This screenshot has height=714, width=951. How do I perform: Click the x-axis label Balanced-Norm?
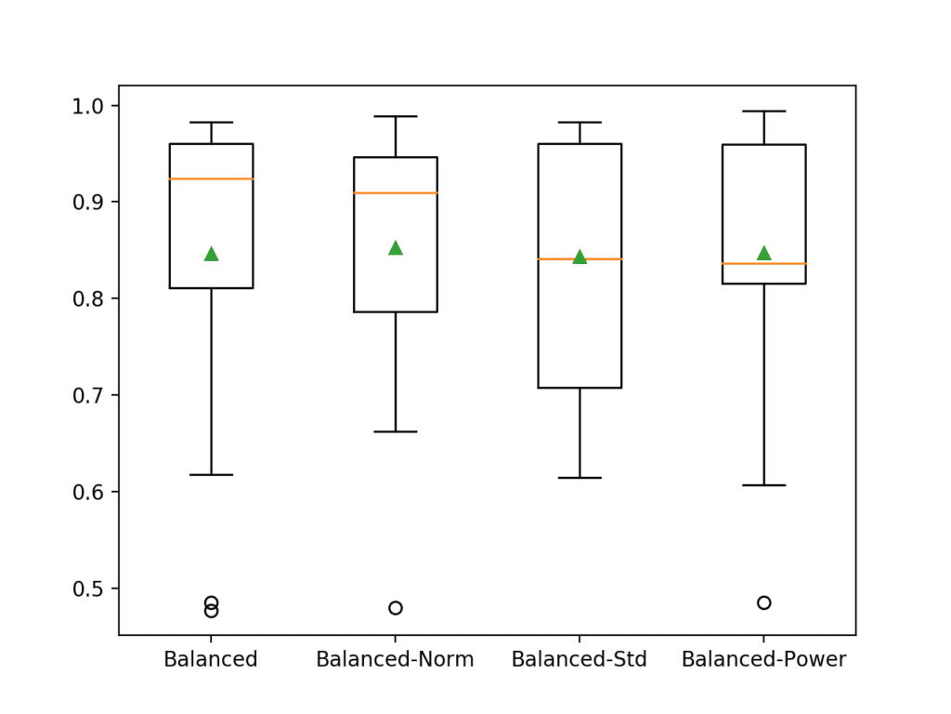click(395, 660)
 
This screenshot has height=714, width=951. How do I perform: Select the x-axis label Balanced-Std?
click(580, 660)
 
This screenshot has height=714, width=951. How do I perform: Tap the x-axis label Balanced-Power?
click(763, 660)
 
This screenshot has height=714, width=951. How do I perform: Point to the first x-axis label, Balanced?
click(211, 660)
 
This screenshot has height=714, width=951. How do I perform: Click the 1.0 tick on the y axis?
click(92, 105)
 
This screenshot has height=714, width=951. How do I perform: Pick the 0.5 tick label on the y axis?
click(92, 588)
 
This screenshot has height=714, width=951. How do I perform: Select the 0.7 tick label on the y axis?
click(92, 395)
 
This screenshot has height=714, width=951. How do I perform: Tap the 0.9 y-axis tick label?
click(92, 202)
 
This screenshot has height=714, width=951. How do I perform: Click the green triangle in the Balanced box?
click(211, 254)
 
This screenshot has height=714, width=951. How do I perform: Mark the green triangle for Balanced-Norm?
click(395, 247)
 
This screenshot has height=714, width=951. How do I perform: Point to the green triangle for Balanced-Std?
click(580, 257)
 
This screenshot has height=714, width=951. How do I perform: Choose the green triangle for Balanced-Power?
click(763, 253)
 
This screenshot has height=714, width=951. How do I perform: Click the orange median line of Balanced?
click(211, 178)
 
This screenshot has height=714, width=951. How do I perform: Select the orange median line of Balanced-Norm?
click(395, 192)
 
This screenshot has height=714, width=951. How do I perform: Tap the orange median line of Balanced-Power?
click(763, 264)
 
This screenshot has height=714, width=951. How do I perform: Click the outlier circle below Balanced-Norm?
click(395, 608)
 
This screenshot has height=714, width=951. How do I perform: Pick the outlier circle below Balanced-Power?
click(763, 602)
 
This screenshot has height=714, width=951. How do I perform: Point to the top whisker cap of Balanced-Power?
click(763, 111)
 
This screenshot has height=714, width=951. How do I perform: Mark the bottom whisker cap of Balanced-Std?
click(580, 478)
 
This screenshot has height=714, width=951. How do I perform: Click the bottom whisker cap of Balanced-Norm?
click(395, 431)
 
